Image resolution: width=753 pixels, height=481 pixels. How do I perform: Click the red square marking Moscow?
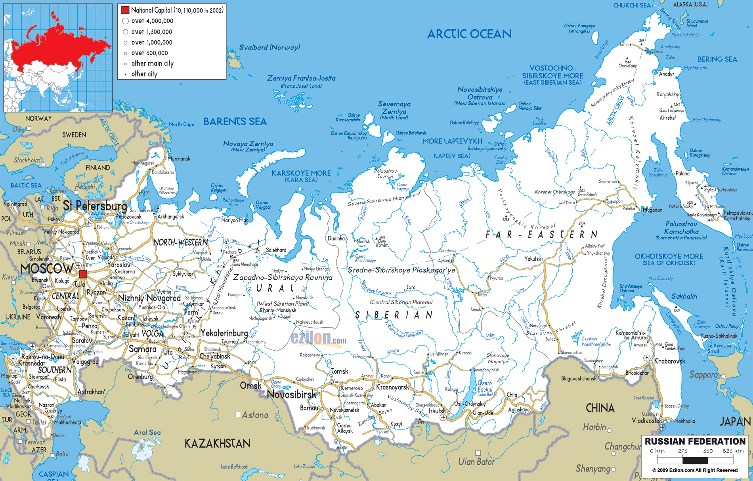click(x=83, y=274)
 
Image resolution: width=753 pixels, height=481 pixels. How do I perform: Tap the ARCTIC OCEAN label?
click(x=469, y=34)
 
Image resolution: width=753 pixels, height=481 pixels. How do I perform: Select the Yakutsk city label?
click(x=533, y=259)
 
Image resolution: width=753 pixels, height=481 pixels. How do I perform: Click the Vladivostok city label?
click(x=646, y=420)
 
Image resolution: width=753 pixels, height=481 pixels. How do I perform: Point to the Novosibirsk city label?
click(x=292, y=394)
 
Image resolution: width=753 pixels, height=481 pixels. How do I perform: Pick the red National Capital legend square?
click(x=125, y=10)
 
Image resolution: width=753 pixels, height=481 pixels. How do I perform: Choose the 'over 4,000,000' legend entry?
click(x=152, y=21)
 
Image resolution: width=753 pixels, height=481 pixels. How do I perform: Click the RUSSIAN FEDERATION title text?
click(x=695, y=441)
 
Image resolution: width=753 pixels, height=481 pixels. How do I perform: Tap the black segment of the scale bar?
click(x=695, y=460)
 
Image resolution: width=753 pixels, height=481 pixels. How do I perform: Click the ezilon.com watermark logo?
click(x=318, y=339)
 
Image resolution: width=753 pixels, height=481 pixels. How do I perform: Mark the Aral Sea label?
click(x=147, y=432)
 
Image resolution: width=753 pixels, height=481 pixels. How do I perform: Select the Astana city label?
click(x=255, y=415)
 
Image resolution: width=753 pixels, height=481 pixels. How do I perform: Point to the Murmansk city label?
click(x=179, y=158)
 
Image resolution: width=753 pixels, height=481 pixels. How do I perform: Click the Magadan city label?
click(x=652, y=210)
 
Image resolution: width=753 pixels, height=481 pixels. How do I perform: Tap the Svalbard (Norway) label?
click(x=269, y=48)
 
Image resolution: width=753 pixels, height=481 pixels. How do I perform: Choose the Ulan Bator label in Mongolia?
click(x=476, y=462)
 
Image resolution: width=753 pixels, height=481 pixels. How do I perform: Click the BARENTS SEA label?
click(x=235, y=122)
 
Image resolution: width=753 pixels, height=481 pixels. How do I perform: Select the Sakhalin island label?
click(x=684, y=296)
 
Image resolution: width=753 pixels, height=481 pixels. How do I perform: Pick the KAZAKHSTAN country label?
click(x=217, y=443)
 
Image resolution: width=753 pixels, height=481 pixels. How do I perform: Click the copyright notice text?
click(x=695, y=470)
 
